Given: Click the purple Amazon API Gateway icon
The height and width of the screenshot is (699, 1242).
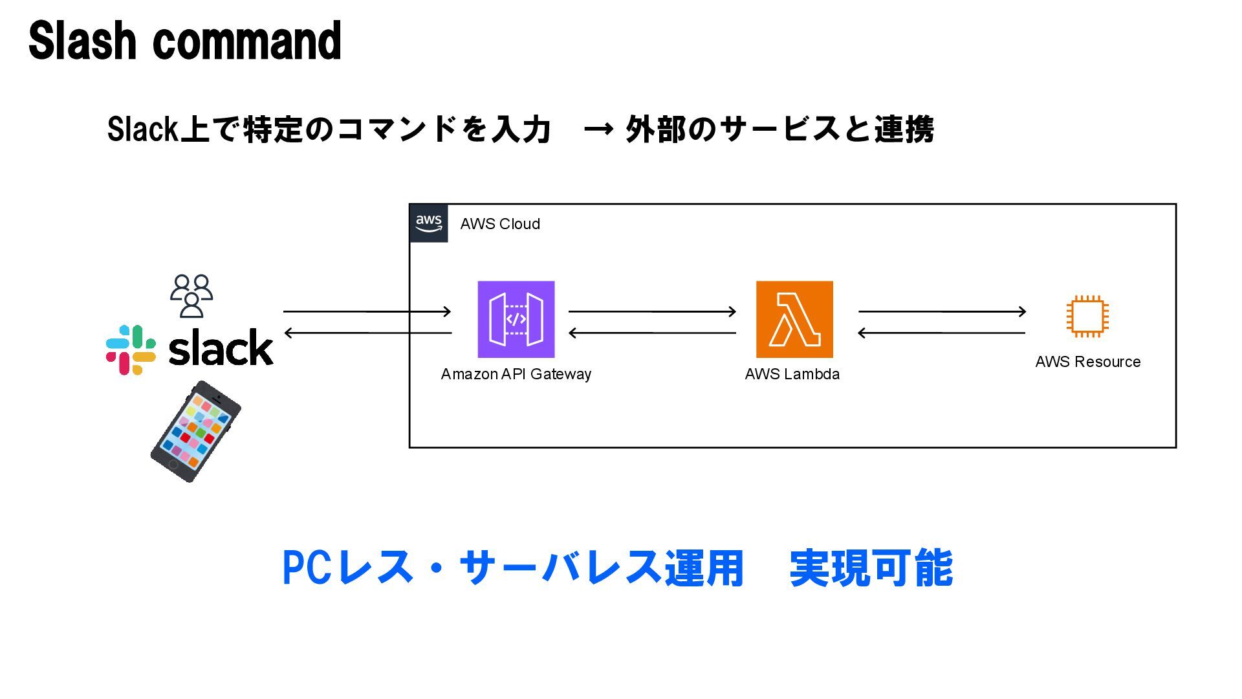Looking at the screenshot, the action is [516, 319].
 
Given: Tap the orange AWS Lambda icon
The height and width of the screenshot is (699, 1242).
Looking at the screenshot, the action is [794, 319].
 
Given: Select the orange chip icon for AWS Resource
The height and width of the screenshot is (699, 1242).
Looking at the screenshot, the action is [1087, 316].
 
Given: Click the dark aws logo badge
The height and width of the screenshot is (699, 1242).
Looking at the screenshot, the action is [429, 223].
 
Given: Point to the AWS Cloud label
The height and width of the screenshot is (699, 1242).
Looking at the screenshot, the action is [500, 224].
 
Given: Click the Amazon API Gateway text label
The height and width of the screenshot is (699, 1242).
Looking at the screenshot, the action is [516, 374].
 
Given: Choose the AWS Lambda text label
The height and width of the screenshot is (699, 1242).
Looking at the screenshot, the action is [792, 374].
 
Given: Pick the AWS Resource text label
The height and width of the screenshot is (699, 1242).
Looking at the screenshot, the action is [1088, 362].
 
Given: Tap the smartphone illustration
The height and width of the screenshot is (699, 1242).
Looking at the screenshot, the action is [195, 432].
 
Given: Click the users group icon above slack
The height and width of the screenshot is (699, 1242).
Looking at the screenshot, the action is [191, 296].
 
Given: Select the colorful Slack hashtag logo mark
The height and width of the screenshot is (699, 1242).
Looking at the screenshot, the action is [131, 349].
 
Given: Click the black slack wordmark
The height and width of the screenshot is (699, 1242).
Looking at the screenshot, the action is [221, 348].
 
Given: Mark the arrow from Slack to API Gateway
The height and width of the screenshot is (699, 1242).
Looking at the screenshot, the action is [367, 311].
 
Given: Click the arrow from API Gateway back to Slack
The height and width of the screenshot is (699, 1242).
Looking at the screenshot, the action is [368, 333].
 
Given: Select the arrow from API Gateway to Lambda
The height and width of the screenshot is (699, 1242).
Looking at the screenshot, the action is [652, 311].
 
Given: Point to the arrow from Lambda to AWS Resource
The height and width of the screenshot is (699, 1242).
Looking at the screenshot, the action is [942, 311].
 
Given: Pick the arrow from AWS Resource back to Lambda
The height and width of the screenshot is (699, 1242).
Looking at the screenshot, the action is [941, 333].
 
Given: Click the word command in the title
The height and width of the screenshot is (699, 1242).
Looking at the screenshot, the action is [246, 41].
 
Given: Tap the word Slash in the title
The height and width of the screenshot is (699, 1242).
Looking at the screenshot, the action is [83, 41].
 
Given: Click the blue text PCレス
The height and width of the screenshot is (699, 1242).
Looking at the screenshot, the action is [348, 568].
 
